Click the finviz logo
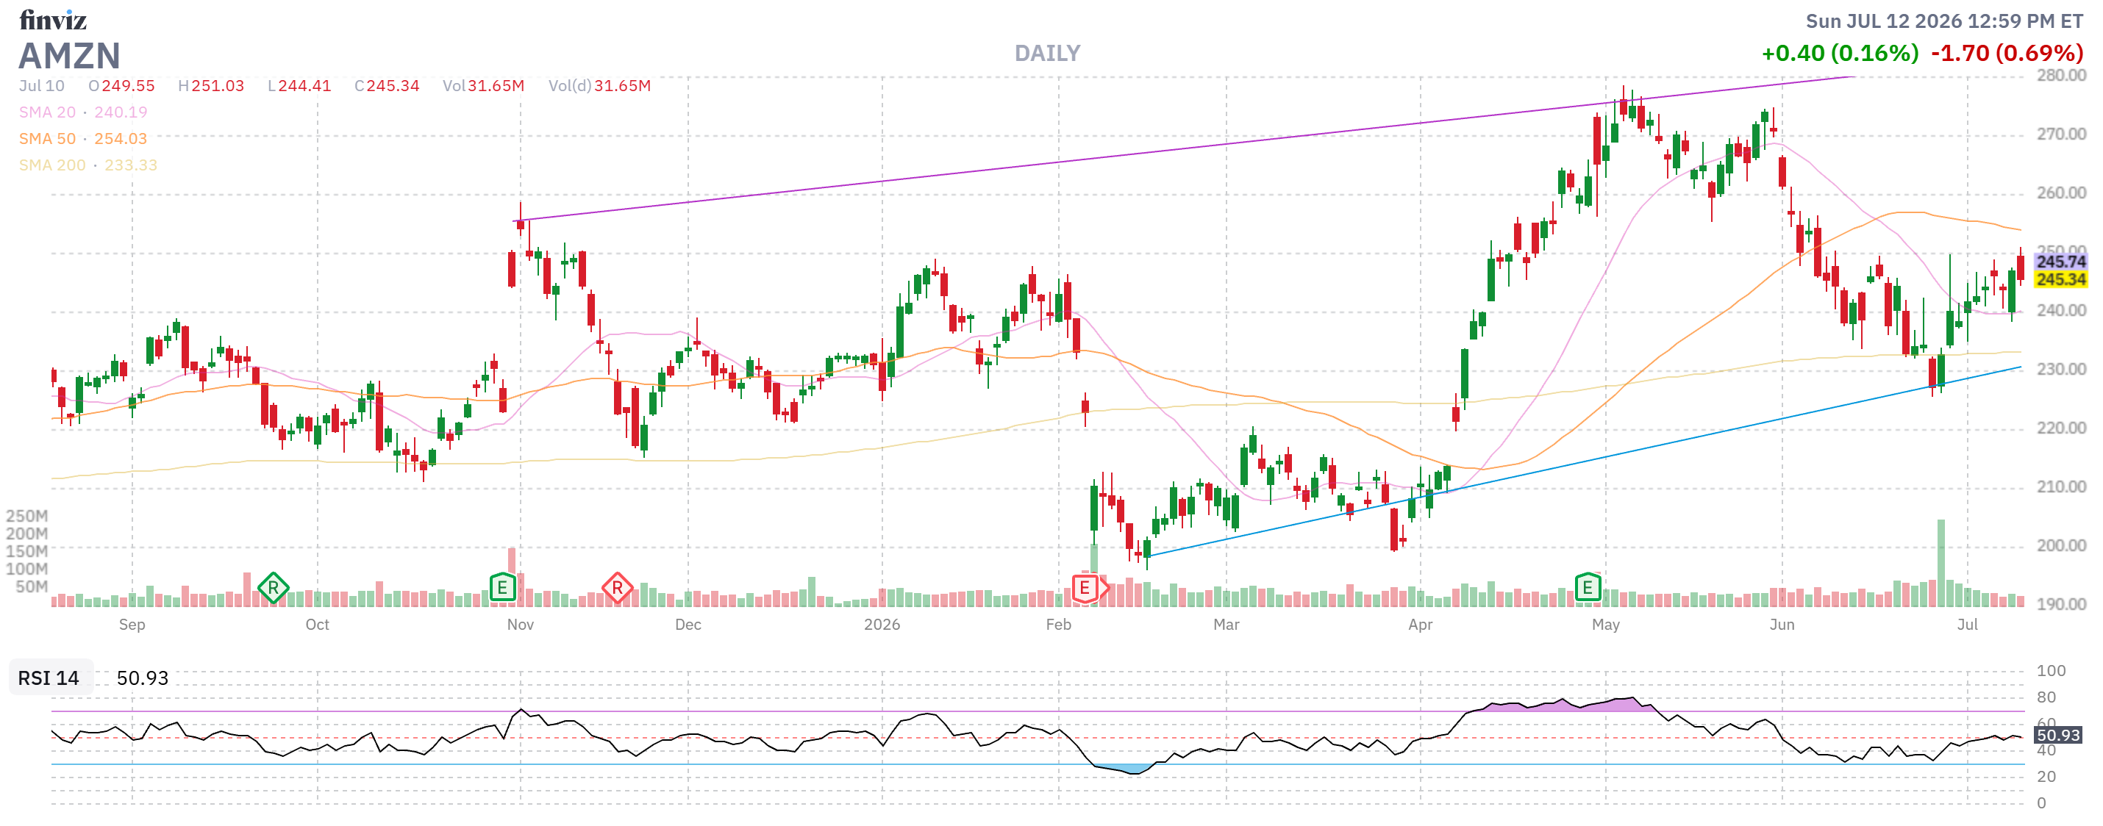[x=53, y=20]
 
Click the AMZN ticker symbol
[x=69, y=56]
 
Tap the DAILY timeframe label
[x=1047, y=54]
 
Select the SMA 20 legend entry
[x=83, y=112]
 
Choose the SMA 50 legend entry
[x=83, y=139]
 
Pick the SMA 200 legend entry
[x=88, y=165]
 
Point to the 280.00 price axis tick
[x=2060, y=75]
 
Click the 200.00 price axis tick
[x=2060, y=545]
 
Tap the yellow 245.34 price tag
[x=2060, y=279]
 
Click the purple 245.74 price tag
[x=2060, y=261]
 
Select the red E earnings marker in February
[x=1084, y=588]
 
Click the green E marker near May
[x=1587, y=587]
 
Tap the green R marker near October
[x=273, y=588]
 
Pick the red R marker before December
[x=617, y=588]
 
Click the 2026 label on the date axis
[x=882, y=625]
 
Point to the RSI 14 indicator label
[x=49, y=678]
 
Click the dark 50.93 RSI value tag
[x=2058, y=735]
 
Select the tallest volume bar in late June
[x=1940, y=562]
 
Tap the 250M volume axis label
[x=27, y=516]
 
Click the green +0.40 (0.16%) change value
[x=1840, y=54]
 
